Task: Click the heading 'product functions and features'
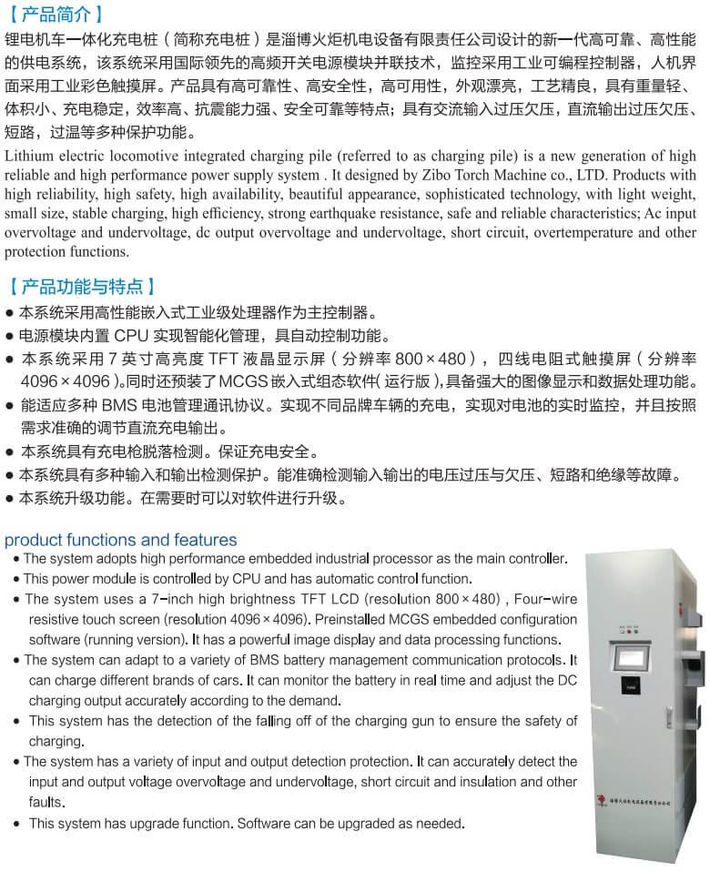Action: click(120, 540)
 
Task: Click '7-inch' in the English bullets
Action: click(174, 599)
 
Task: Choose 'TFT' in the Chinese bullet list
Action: click(228, 359)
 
